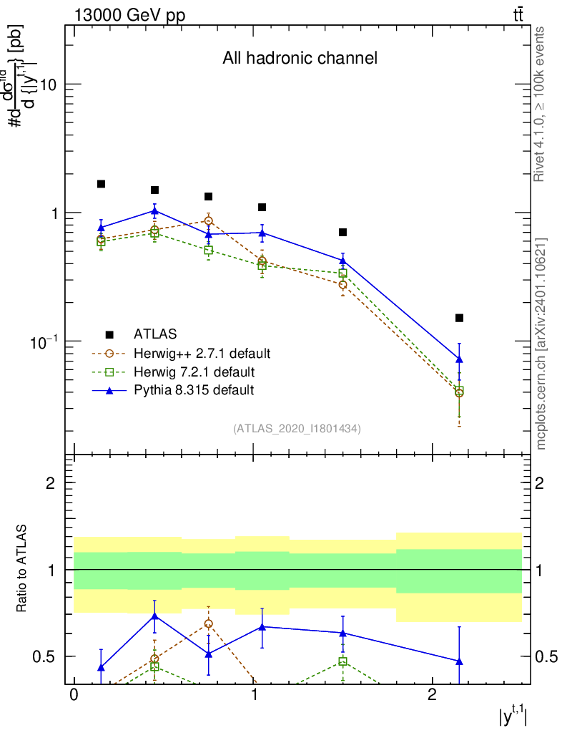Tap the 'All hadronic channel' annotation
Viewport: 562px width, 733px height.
click(299, 58)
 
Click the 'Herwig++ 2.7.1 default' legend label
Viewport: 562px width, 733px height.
click(202, 353)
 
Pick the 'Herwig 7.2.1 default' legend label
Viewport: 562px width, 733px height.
click(194, 372)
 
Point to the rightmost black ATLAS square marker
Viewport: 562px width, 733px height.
click(459, 318)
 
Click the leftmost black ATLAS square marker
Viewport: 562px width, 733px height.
click(102, 184)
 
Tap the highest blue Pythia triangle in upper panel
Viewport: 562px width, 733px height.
click(155, 210)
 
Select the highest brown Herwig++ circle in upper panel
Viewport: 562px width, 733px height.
click(208, 221)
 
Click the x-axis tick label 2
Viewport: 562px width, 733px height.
click(432, 696)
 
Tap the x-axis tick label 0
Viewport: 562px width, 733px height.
click(74, 696)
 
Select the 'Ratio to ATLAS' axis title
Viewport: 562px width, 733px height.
click(22, 569)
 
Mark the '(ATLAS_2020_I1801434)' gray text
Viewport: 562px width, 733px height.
click(297, 428)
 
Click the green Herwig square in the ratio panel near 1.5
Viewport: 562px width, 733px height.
click(343, 661)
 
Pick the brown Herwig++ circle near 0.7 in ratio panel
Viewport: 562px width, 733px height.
click(208, 623)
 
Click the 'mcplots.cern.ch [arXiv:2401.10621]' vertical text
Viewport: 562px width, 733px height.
click(541, 344)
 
